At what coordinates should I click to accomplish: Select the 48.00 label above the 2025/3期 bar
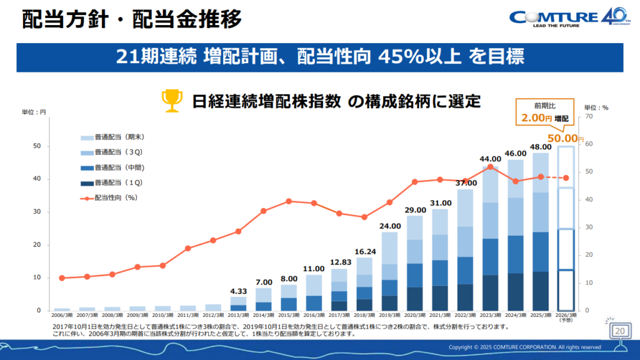tap(541, 146)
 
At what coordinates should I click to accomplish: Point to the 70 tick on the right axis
tap(588, 117)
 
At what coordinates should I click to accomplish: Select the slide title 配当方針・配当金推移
tap(131, 20)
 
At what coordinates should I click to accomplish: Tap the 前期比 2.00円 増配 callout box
tap(542, 112)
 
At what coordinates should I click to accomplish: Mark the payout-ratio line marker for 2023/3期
tap(491, 166)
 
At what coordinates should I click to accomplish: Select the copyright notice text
tap(525, 347)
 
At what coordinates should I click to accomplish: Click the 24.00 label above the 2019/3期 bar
tap(390, 226)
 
